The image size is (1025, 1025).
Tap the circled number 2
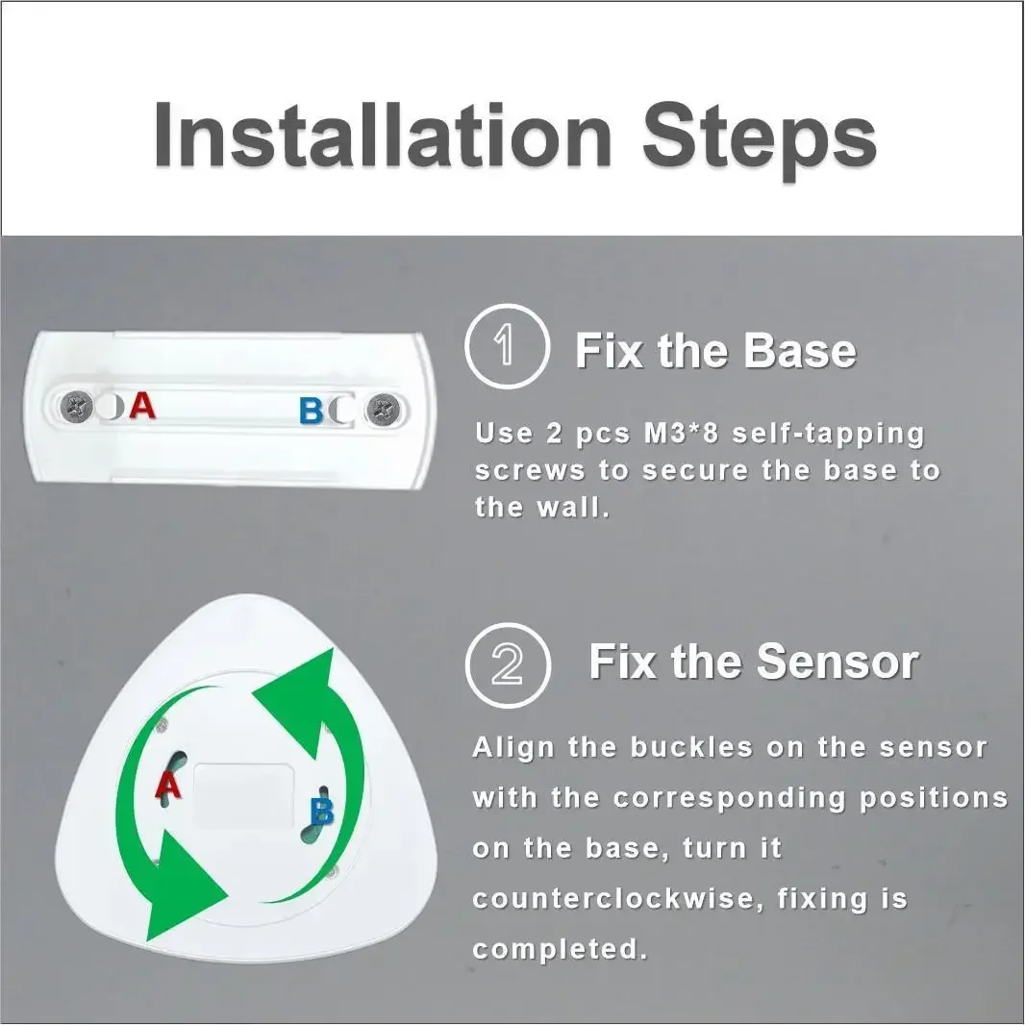tap(507, 663)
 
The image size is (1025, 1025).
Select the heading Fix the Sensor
tap(753, 662)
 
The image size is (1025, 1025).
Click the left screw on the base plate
tap(75, 408)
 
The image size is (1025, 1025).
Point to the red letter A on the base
tap(142, 406)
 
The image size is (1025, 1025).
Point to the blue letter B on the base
tap(312, 412)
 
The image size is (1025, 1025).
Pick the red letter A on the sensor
tap(168, 787)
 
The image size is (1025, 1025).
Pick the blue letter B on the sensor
tap(322, 812)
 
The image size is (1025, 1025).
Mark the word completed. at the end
tap(559, 949)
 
